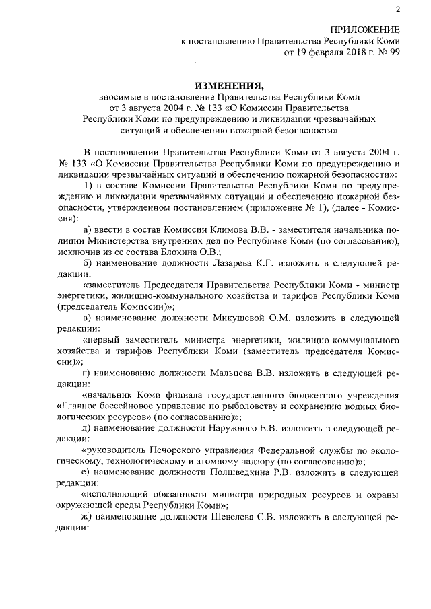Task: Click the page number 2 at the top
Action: [398, 9]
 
